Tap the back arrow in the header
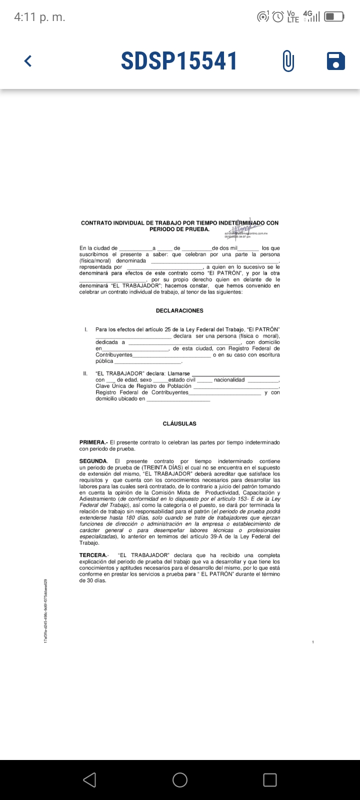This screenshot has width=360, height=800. pos(28,61)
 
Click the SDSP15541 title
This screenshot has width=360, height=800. pos(179,61)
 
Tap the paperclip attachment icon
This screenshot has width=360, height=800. pos(288,61)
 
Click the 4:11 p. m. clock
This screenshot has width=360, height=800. pos(39,17)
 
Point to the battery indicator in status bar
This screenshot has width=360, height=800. pos(334,17)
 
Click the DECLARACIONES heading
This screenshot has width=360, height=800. pos(179,310)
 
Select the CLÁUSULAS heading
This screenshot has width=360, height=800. pos(179,423)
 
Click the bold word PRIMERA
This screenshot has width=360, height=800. pos(92,442)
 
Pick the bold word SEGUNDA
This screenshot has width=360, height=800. pos(93,461)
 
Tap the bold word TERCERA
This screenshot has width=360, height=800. pos(93,555)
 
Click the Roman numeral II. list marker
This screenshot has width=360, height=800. pos(85,373)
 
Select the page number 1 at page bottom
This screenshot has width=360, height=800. pos(312,642)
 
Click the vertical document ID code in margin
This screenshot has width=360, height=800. pos(45,607)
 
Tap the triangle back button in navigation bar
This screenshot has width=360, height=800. pos(89,779)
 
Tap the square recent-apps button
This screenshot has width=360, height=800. pos(270,779)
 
